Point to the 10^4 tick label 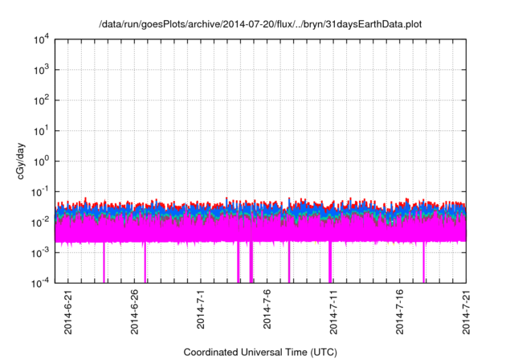point(41,39)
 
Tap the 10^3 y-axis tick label point(41,70)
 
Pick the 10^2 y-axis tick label point(41,100)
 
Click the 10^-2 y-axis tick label point(40,222)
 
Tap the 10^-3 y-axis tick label point(40,252)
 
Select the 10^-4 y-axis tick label point(40,282)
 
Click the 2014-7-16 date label point(400,313)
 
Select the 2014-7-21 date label point(467,313)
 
